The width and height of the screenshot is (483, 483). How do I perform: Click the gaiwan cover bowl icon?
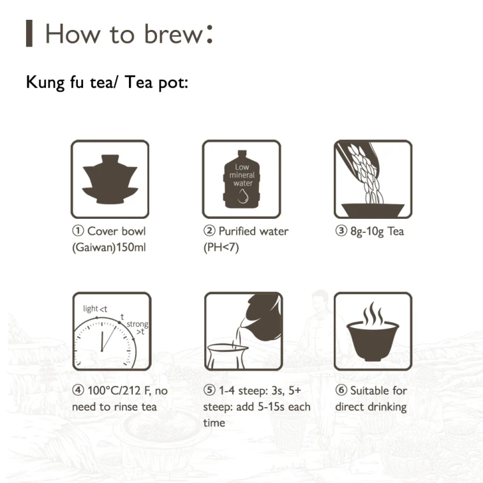110,179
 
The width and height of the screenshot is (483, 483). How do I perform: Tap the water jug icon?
242,179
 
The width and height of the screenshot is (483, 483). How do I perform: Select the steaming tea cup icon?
373,331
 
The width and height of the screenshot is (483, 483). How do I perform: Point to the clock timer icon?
112,331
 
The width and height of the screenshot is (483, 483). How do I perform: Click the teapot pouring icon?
243,331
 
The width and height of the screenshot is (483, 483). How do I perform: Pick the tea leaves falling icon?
373,179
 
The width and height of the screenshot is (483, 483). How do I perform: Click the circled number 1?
78,231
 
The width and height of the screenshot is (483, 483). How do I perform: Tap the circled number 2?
209,231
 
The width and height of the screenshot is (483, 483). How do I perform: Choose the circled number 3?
341,231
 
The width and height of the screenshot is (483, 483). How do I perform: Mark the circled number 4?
78,390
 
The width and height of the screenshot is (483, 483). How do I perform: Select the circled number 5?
209,390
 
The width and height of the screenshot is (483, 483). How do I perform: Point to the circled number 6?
341,390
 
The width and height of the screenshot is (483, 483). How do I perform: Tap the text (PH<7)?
221,248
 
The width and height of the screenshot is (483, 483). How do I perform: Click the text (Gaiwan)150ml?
108,248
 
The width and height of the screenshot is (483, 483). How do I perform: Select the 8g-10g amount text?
367,232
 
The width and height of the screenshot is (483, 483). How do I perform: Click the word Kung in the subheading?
45,82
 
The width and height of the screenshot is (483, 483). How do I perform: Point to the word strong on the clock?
137,324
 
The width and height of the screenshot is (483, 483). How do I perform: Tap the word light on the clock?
91,309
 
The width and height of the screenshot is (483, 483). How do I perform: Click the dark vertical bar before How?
29,33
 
